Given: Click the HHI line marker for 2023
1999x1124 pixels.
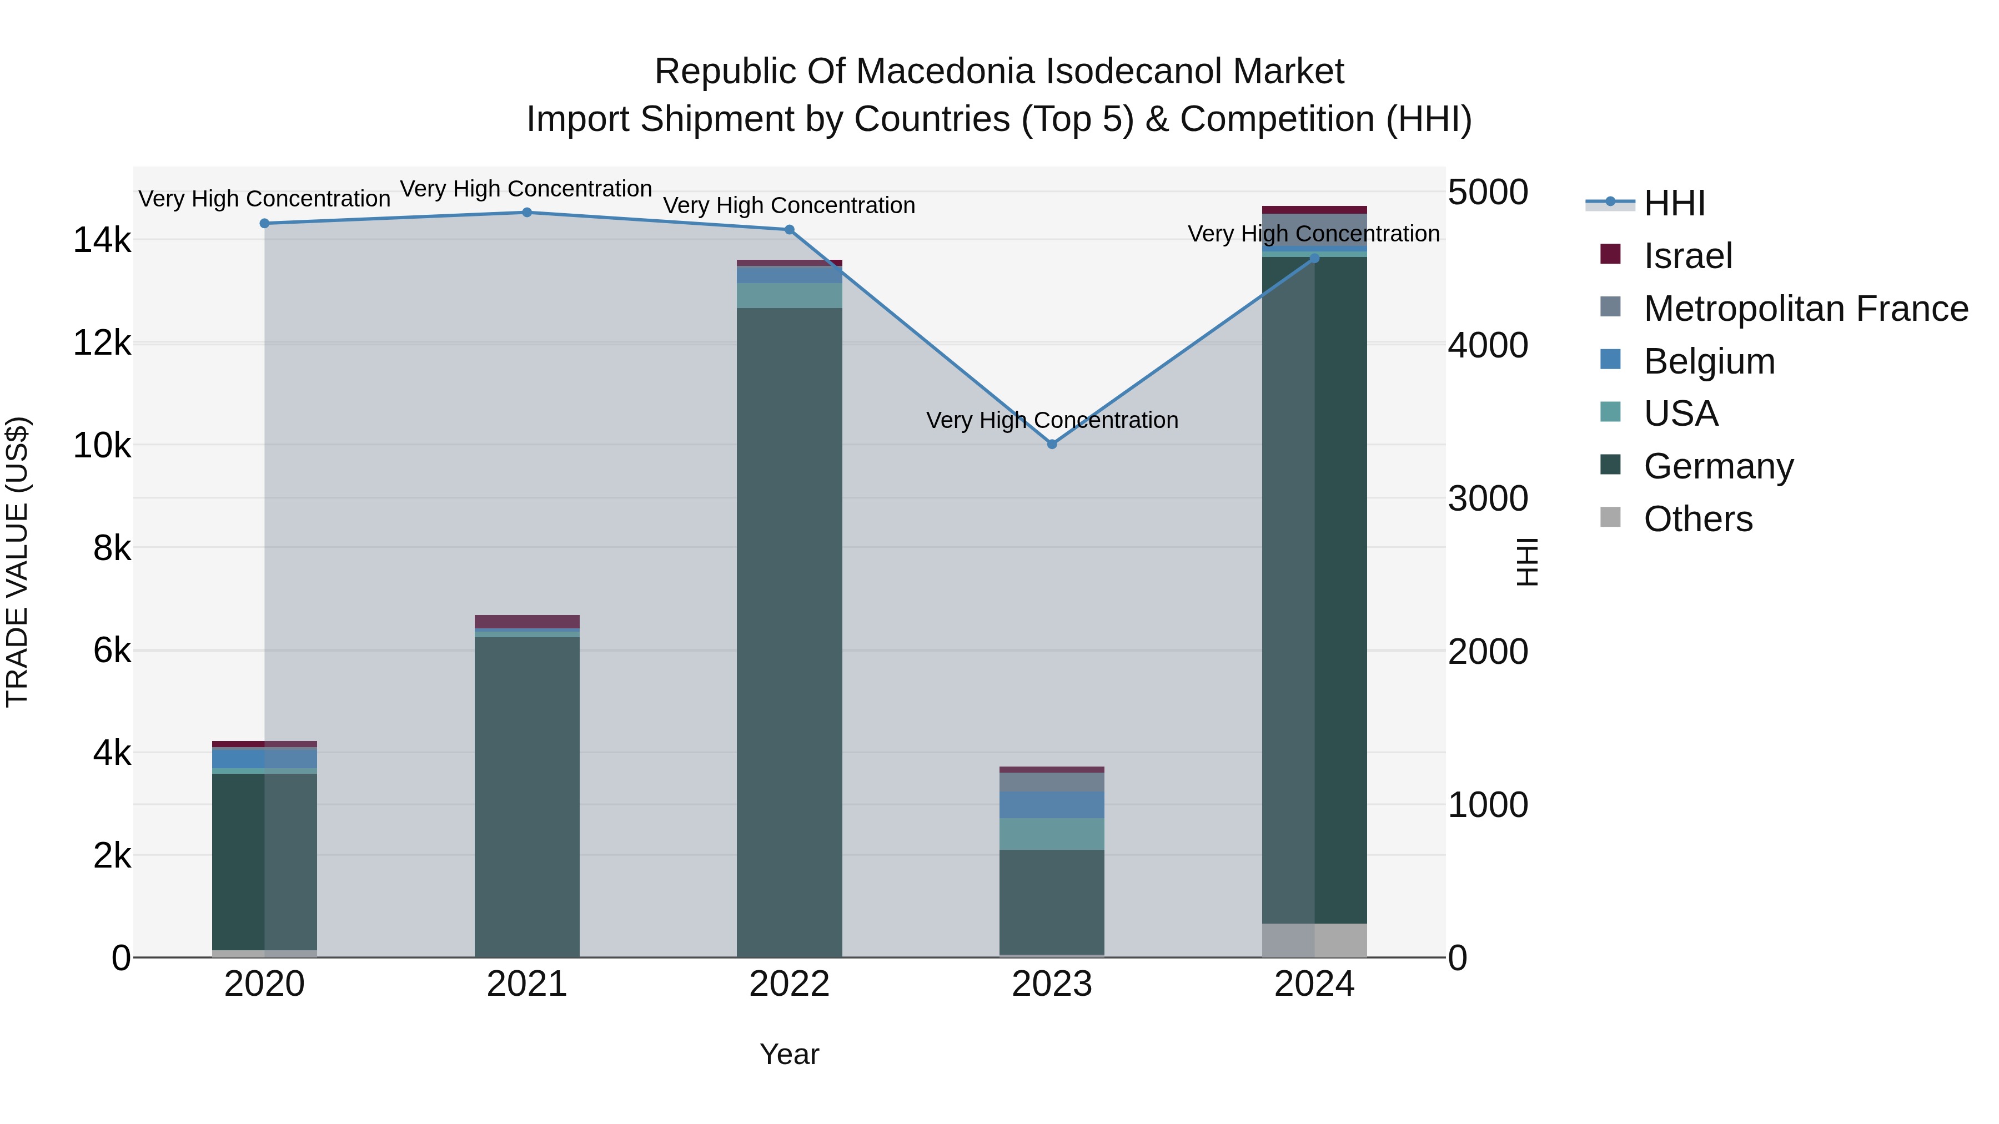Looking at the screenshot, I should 1052,445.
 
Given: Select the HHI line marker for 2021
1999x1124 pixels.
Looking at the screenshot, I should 527,213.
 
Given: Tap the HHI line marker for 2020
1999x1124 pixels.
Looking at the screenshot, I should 265,223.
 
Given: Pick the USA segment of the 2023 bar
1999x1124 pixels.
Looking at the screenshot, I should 1052,834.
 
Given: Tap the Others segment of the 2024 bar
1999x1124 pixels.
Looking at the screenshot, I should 1314,940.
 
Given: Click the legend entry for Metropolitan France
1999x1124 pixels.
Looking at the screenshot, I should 1805,309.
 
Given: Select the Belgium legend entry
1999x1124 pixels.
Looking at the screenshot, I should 1708,361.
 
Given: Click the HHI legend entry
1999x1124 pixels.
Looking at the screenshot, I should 1674,203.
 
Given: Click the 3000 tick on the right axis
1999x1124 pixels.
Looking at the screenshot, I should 1488,499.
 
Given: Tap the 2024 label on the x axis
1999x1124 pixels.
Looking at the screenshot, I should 1314,984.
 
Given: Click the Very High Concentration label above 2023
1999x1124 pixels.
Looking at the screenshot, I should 1052,420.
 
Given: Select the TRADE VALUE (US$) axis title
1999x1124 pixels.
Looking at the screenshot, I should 17,562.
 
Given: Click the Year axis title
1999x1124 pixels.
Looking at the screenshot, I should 789,1054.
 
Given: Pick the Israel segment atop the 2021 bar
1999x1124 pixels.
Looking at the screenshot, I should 527,621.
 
